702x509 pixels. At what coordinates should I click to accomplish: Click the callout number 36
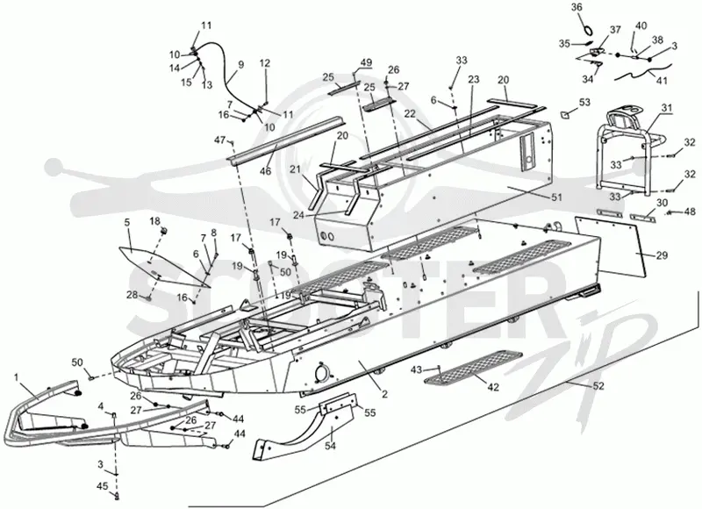coord(577,8)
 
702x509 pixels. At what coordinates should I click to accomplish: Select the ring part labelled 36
coord(588,30)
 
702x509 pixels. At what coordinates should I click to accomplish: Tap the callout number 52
coord(598,386)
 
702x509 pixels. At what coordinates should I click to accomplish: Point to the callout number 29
coord(663,255)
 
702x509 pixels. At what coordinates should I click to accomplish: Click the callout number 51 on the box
coord(556,197)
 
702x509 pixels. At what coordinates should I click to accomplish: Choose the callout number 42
coord(493,387)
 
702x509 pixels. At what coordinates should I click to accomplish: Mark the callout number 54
coord(330,447)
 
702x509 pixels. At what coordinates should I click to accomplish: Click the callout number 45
coord(103,486)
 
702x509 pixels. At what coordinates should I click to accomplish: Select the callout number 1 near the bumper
coord(17,377)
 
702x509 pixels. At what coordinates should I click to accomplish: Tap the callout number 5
coord(127,221)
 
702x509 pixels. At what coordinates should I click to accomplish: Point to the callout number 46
coord(266,171)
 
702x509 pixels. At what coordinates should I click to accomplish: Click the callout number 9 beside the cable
coord(241,64)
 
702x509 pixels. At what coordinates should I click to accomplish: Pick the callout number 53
coord(584,103)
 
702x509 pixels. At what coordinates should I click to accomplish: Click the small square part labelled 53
coord(565,114)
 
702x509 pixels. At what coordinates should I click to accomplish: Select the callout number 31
coord(667,108)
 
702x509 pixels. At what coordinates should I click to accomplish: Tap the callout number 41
coord(662,81)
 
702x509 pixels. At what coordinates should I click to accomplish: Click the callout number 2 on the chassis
coord(384,394)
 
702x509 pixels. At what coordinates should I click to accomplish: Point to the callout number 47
coord(219,140)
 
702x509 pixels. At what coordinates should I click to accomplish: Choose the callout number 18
coord(154,220)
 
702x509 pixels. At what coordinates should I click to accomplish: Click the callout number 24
coord(298,215)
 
